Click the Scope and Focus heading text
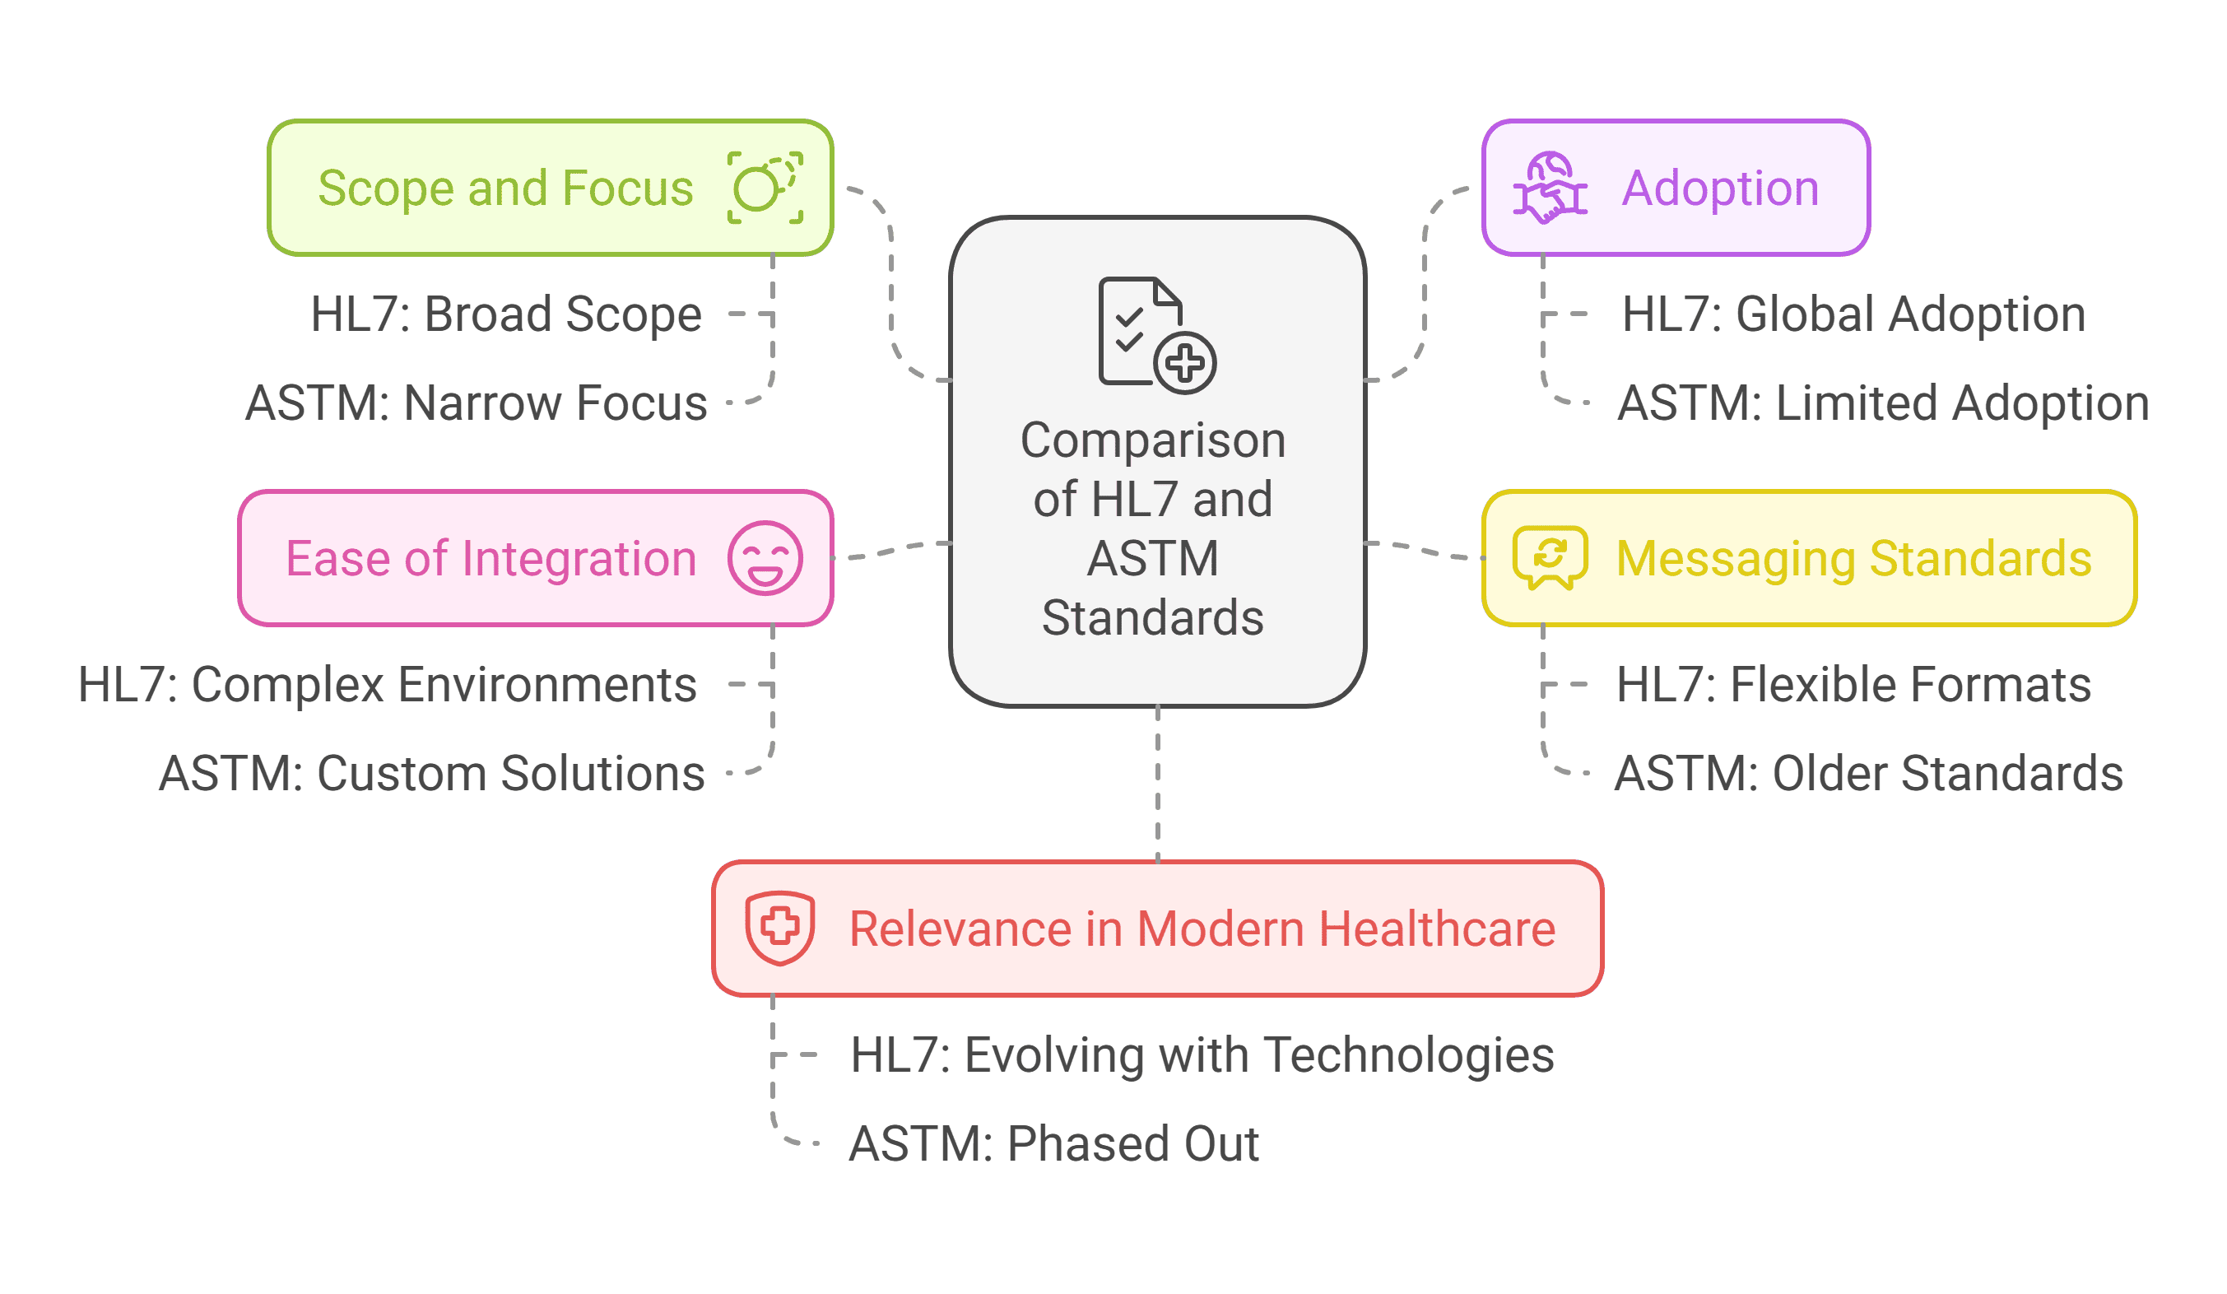tap(505, 189)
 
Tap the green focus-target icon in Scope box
tap(765, 188)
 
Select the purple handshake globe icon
tap(1549, 188)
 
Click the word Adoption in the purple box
tap(1720, 189)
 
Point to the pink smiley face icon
tap(765, 558)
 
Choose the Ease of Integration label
tap(490, 559)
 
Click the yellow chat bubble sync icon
tap(1549, 558)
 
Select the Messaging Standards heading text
tap(1853, 559)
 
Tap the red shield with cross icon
tap(779, 927)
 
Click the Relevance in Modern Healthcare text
tap(1202, 929)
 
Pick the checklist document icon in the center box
tap(1156, 335)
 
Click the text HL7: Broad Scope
tap(505, 314)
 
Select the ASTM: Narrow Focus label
tap(476, 403)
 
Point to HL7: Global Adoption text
tap(1853, 314)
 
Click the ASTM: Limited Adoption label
tap(1882, 403)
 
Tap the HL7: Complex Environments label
tap(387, 684)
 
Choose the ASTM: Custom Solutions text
tap(431, 774)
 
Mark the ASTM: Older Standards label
tap(1868, 774)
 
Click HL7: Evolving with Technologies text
tap(1202, 1054)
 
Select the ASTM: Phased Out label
tap(1053, 1143)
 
